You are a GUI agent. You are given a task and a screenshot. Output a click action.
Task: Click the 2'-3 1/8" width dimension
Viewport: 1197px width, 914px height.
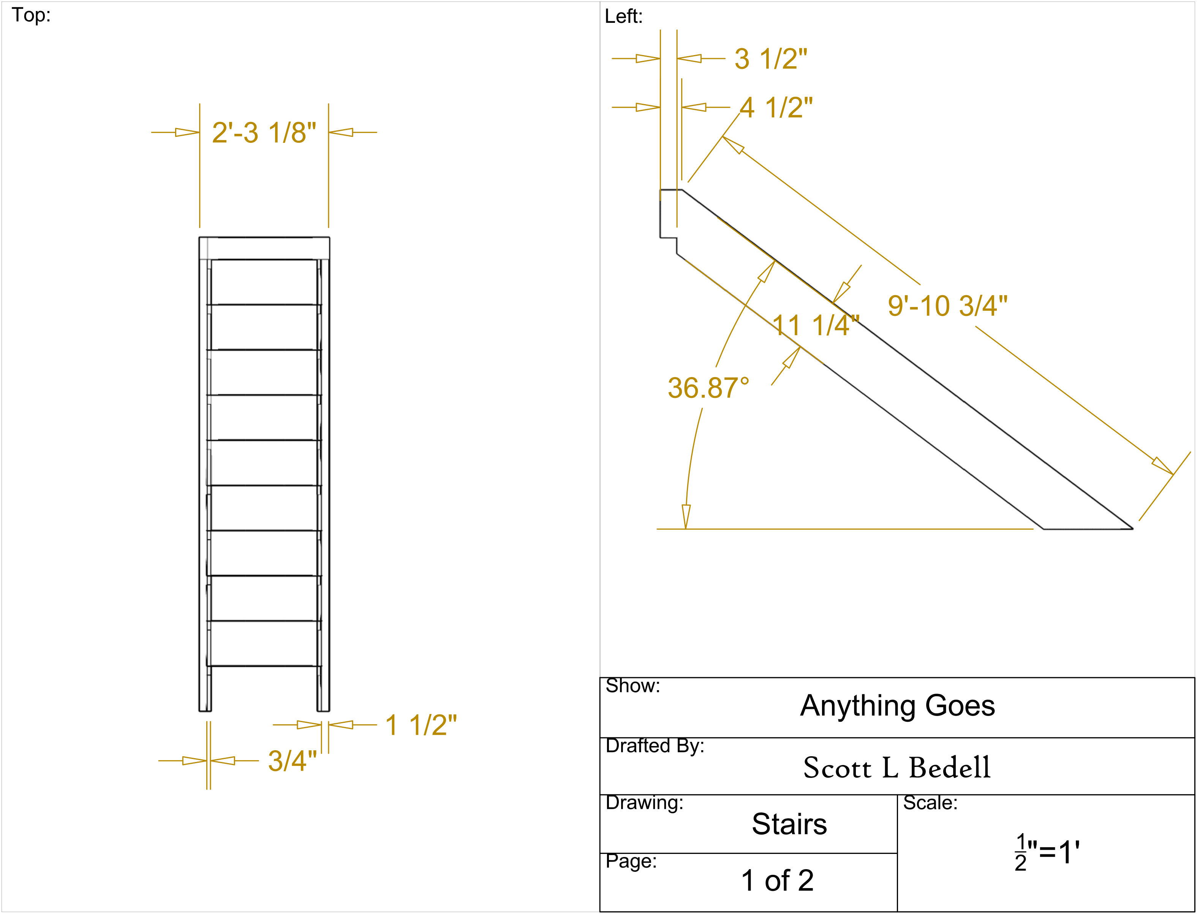[x=264, y=133]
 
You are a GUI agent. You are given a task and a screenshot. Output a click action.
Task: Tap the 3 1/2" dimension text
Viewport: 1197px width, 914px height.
[x=771, y=59]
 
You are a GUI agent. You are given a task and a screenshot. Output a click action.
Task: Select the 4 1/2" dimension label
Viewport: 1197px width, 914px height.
[x=776, y=107]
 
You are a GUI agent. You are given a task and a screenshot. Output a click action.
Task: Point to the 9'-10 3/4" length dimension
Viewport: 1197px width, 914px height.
[x=947, y=306]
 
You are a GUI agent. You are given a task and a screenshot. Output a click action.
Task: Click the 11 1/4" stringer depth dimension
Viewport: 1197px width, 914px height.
[x=816, y=325]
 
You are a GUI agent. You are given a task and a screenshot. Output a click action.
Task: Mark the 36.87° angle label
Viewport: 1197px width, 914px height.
[x=708, y=388]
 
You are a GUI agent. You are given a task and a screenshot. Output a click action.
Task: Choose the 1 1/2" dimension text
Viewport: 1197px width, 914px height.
[x=421, y=725]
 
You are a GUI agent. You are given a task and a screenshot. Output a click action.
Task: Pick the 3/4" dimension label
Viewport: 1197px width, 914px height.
[x=293, y=760]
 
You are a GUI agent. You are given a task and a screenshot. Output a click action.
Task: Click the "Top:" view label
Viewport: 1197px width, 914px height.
[x=31, y=15]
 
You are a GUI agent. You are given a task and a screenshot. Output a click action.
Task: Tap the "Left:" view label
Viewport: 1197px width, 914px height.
[x=624, y=16]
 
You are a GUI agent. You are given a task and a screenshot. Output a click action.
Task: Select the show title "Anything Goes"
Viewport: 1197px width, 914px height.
[x=897, y=706]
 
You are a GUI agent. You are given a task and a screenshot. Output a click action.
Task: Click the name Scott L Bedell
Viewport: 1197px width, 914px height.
[x=897, y=768]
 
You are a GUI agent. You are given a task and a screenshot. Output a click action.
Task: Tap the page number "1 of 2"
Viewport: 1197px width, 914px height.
[x=777, y=880]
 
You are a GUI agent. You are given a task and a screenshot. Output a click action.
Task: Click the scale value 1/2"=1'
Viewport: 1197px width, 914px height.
[x=1047, y=852]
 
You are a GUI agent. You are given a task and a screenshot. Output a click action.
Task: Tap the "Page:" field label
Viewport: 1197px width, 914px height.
[x=631, y=861]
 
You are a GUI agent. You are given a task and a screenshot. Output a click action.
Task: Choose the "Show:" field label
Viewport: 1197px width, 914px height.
[x=632, y=686]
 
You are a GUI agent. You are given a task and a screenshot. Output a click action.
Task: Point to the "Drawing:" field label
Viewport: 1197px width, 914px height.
[x=644, y=803]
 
